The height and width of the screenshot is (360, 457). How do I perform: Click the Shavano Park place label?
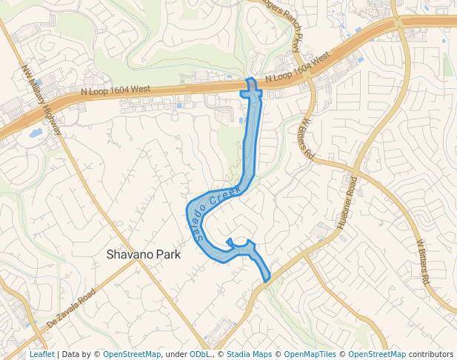coord(144,254)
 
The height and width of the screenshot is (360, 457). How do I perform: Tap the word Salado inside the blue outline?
coord(198,222)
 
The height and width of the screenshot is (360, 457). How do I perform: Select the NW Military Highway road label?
coord(41,99)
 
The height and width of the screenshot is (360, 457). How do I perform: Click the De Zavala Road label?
coord(71,310)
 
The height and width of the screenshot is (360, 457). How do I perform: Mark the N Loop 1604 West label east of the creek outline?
coord(296,67)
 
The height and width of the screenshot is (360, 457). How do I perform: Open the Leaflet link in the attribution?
coord(41,355)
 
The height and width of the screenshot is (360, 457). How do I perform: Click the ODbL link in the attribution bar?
coord(199,355)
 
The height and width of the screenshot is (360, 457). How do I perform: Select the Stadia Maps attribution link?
coord(249,355)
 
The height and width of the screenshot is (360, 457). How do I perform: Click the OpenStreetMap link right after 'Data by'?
coord(131,355)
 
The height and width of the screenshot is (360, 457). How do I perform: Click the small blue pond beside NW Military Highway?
coord(35,133)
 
